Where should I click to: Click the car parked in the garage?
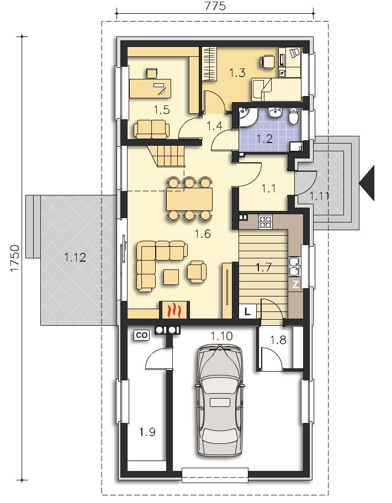pyautogui.click(x=220, y=400)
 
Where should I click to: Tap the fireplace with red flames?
pyautogui.click(x=174, y=310)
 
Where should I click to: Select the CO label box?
pyautogui.click(x=142, y=335)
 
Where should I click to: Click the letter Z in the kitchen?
pyautogui.click(x=295, y=285)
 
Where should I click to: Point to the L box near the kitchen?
pyautogui.click(x=247, y=311)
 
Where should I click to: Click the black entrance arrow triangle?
pyautogui.click(x=367, y=183)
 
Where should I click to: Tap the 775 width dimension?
pyautogui.click(x=215, y=6)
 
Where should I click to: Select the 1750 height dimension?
pyautogui.click(x=15, y=258)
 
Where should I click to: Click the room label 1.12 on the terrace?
pyautogui.click(x=75, y=257)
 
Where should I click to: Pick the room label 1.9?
pyautogui.click(x=147, y=432)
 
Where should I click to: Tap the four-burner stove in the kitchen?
pyautogui.click(x=265, y=221)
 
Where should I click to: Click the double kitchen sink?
pyautogui.click(x=295, y=266)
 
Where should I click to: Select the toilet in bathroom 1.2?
pyautogui.click(x=294, y=116)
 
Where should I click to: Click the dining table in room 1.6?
pyautogui.click(x=189, y=199)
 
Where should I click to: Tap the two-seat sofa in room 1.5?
pyautogui.click(x=151, y=129)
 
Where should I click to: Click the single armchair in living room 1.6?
pyautogui.click(x=197, y=272)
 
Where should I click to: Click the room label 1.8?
pyautogui.click(x=278, y=340)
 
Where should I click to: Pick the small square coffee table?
pyautogui.click(x=171, y=277)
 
